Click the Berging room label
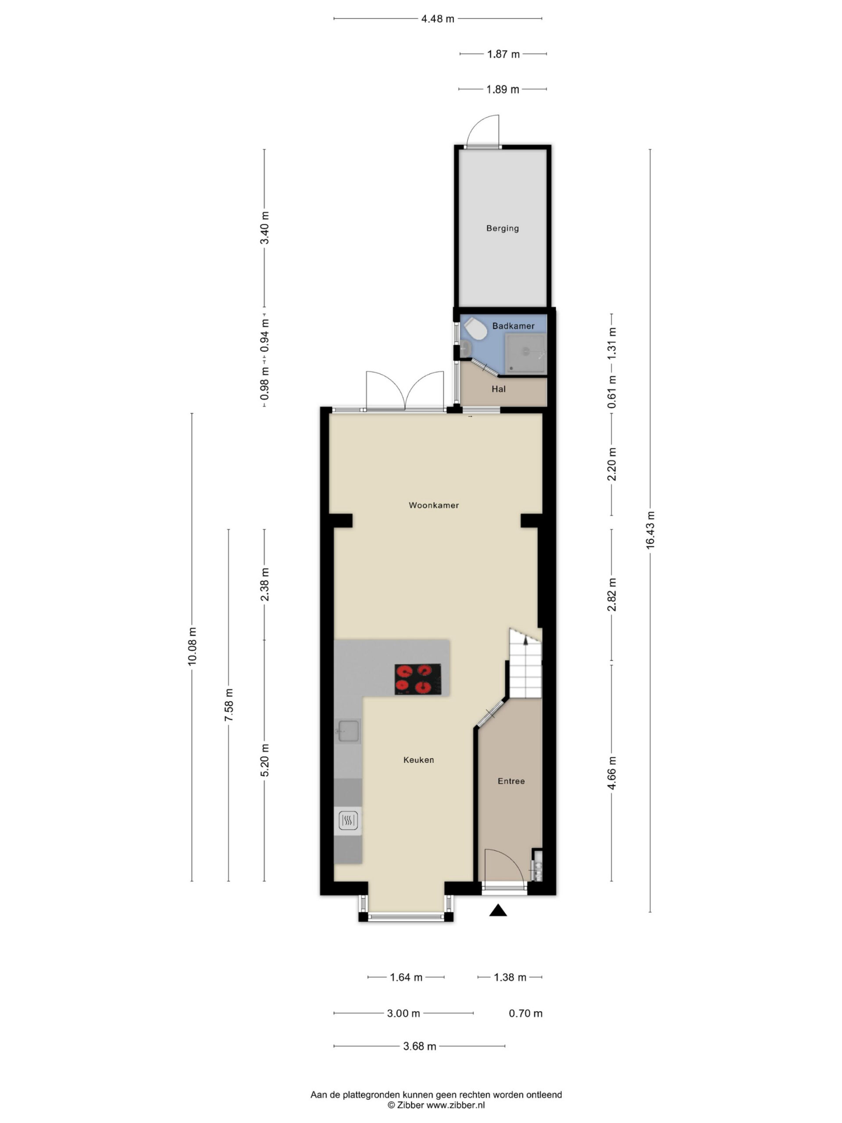pyautogui.click(x=503, y=229)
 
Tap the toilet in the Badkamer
pyautogui.click(x=475, y=329)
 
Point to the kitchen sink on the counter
pyautogui.click(x=348, y=732)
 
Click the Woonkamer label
pyautogui.click(x=433, y=505)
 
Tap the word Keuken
pyautogui.click(x=419, y=760)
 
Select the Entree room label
pyautogui.click(x=511, y=781)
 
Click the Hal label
pyautogui.click(x=498, y=389)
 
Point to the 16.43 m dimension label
pyautogui.click(x=650, y=529)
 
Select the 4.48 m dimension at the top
pyautogui.click(x=438, y=19)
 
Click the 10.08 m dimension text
pyautogui.click(x=192, y=646)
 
